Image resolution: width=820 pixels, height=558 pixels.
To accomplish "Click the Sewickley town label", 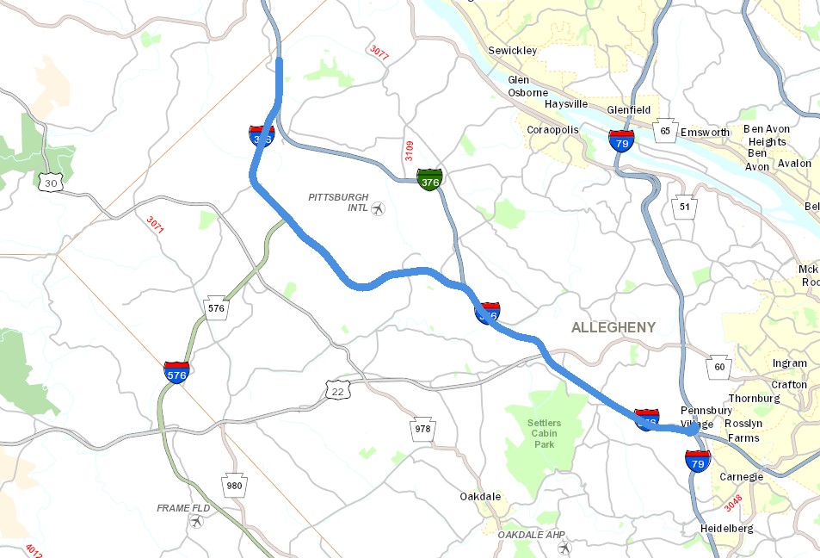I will click(512, 51).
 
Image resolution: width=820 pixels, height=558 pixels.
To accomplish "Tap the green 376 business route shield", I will click(429, 180).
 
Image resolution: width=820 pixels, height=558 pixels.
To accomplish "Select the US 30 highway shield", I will click(51, 182).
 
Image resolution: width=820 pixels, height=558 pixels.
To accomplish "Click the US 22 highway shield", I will click(339, 391).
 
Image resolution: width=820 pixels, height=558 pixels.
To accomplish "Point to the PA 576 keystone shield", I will click(216, 307).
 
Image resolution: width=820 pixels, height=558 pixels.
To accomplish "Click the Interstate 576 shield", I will click(176, 373).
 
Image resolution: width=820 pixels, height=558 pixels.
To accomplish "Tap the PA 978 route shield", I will click(422, 429).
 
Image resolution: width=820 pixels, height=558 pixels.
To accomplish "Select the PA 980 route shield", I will click(234, 485).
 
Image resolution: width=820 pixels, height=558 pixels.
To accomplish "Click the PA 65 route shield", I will click(665, 131).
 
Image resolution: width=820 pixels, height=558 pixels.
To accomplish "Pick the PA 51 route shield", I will click(685, 208).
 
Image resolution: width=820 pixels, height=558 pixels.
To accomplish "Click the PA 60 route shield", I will click(718, 367).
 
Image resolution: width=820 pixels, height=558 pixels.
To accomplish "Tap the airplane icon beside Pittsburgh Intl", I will click(378, 208).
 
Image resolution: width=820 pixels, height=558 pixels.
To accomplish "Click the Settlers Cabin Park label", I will click(544, 433).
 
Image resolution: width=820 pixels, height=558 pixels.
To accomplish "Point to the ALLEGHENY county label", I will click(613, 328).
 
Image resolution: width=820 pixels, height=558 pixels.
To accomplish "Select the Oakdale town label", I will click(480, 497).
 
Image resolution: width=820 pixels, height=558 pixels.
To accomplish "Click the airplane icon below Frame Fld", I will click(196, 522).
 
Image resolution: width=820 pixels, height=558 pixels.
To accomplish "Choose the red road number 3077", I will click(379, 52).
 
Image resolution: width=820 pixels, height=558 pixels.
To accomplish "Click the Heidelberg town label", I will click(727, 528).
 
